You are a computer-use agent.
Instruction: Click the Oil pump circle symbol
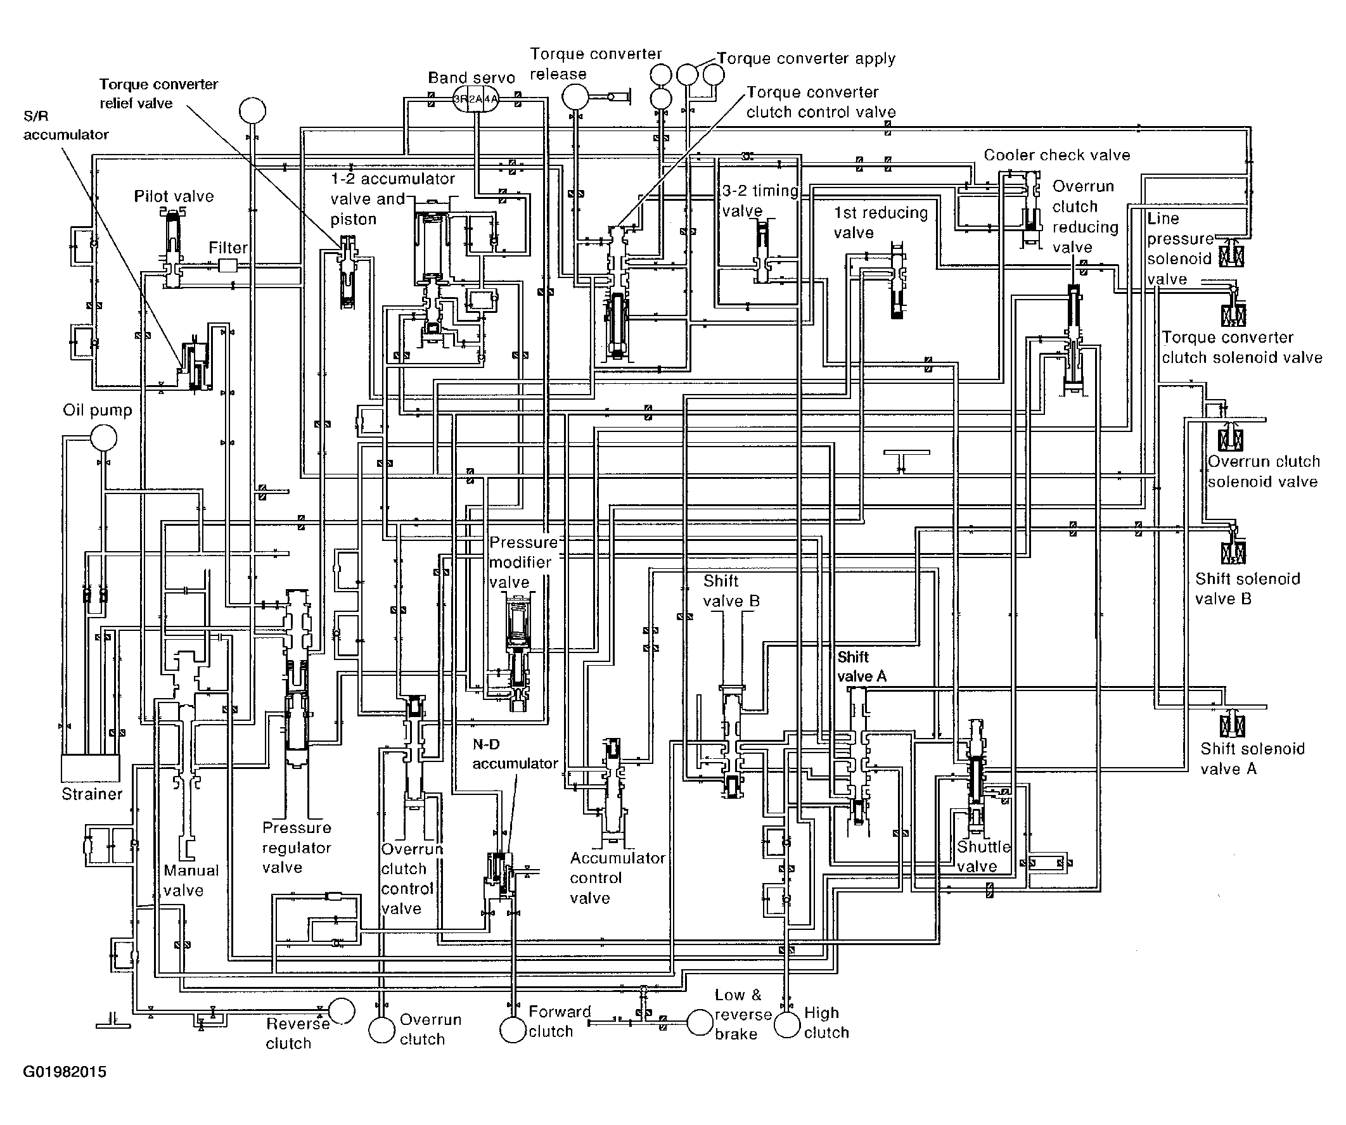103,439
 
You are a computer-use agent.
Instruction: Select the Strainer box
90,768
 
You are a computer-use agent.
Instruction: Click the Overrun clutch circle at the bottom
382,1029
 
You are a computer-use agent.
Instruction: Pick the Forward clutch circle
513,1029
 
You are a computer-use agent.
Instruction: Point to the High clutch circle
787,1024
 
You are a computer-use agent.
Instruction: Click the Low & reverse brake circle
700,1023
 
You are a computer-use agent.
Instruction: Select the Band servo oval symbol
475,99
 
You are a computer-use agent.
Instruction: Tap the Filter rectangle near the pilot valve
228,265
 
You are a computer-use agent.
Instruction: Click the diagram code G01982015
65,1072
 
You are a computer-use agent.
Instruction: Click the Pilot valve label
174,196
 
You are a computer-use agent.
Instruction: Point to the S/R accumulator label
65,125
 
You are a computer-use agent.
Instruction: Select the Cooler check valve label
1057,155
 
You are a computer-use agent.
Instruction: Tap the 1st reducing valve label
881,222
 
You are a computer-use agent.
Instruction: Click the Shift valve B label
731,591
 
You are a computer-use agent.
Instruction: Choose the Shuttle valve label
984,856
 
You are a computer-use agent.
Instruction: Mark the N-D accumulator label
515,754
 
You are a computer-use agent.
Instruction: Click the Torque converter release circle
575,98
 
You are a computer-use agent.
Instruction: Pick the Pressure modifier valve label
523,562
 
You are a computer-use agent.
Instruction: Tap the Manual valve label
191,880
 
